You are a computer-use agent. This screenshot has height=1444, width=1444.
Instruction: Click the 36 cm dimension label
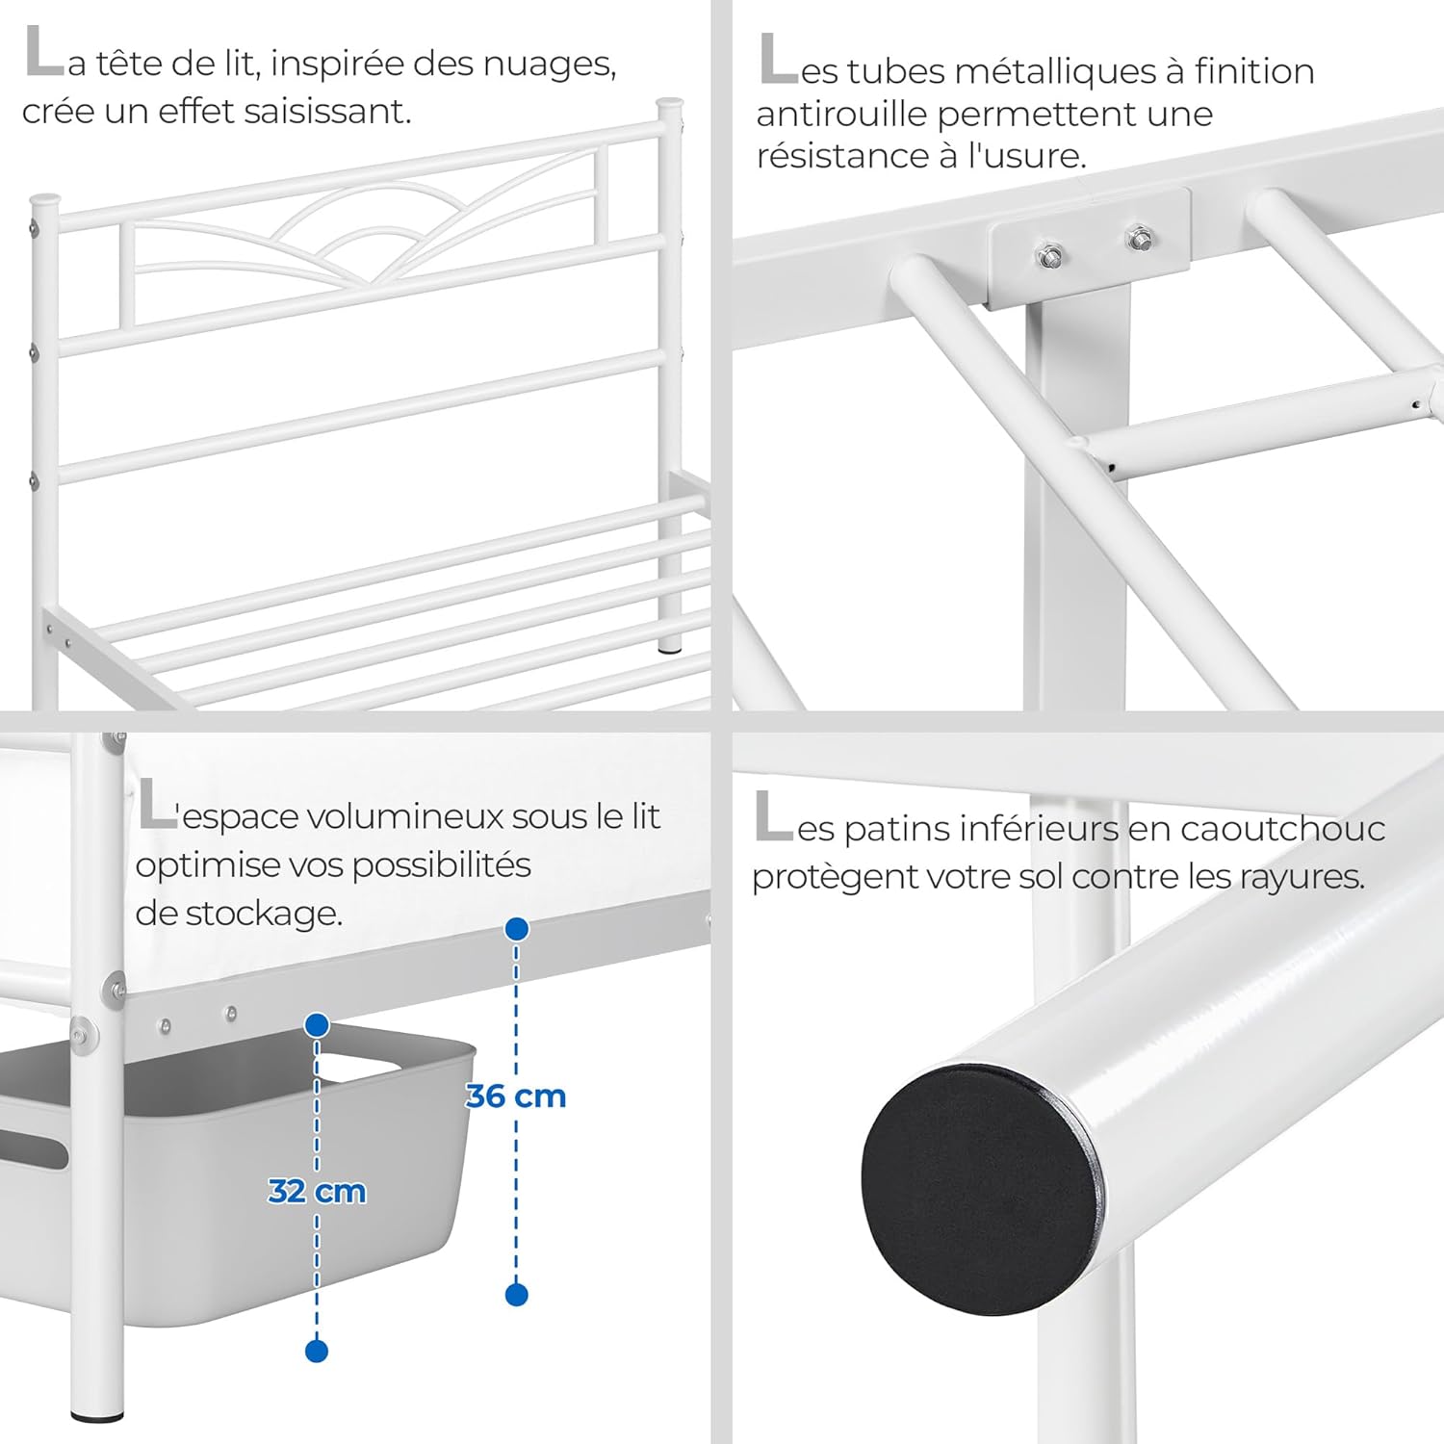pos(516,1096)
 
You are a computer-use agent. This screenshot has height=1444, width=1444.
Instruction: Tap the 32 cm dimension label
pos(317,1192)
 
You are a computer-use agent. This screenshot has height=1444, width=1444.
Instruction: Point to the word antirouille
pos(842,115)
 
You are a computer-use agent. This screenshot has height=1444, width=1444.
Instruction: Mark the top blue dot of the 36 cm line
pos(517,929)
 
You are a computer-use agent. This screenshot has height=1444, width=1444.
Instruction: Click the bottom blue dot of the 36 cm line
pos(517,1295)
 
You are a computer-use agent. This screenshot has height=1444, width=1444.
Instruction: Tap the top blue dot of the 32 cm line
pos(317,1025)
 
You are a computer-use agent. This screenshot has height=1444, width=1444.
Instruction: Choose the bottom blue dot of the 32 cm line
pos(317,1351)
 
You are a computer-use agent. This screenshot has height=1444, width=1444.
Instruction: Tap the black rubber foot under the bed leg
pos(97,1415)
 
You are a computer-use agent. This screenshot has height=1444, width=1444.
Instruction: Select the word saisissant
pos(327,112)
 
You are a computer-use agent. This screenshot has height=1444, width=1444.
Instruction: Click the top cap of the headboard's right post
pos(670,102)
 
